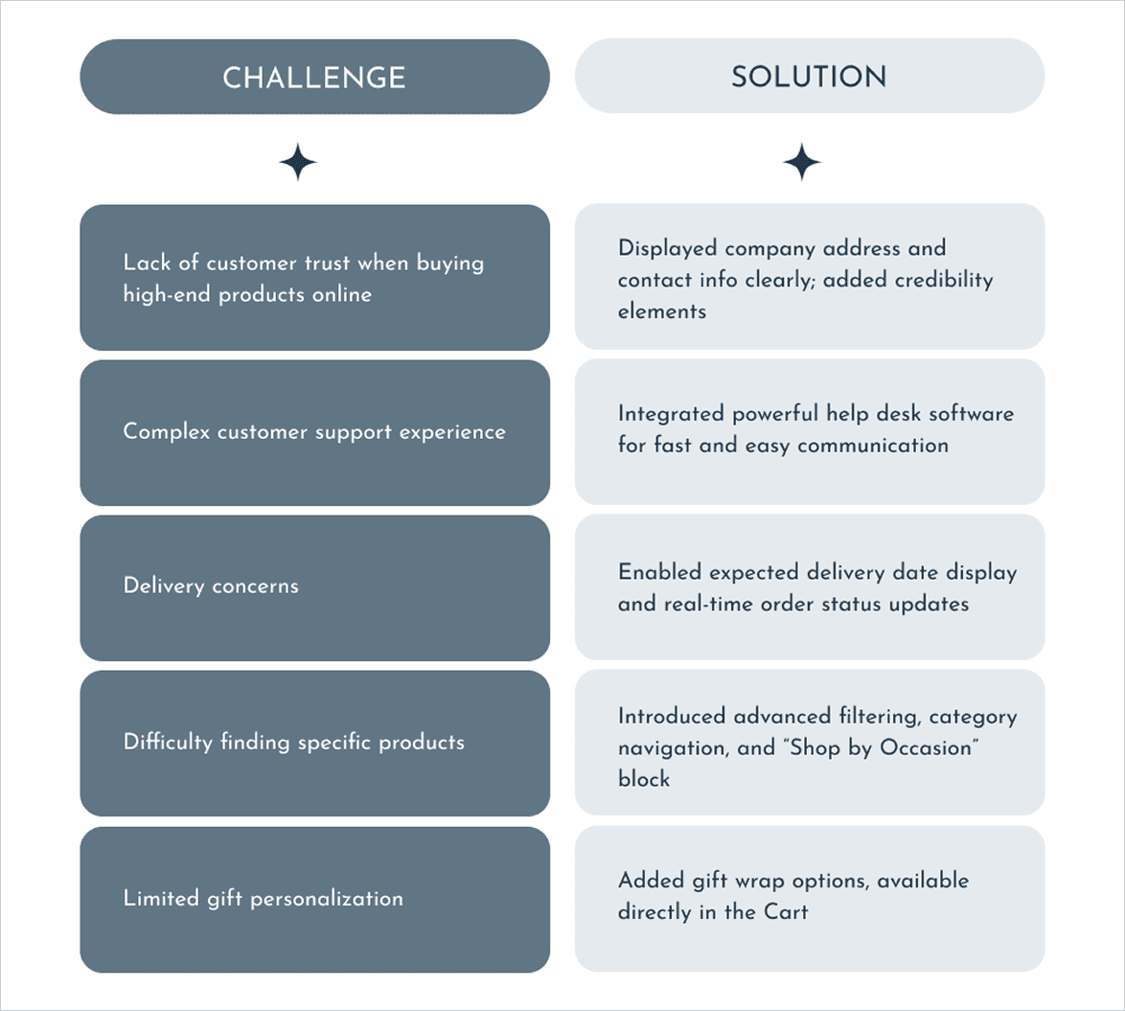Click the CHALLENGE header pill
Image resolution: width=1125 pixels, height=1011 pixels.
314,77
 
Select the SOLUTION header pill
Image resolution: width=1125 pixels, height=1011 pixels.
809,77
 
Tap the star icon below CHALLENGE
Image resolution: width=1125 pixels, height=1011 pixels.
298,163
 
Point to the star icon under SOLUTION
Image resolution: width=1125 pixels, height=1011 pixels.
801,163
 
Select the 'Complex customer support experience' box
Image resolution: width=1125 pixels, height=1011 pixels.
314,432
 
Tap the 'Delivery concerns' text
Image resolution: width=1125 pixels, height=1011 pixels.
211,586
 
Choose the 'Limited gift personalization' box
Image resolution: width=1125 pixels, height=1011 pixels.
314,899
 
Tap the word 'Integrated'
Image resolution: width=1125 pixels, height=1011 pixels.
671,414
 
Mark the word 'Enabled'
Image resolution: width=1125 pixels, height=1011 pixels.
659,572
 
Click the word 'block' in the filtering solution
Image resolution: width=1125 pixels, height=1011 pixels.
644,779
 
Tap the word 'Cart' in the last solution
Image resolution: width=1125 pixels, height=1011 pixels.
786,911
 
